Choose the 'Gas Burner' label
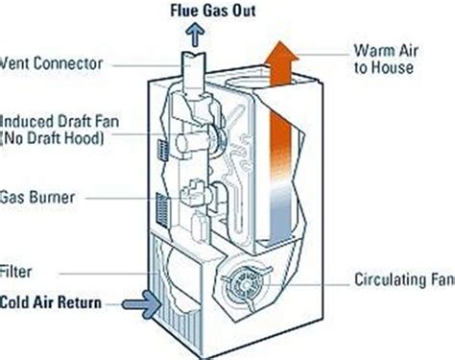[x=36, y=197]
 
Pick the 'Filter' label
[x=18, y=273]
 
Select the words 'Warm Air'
[x=385, y=50]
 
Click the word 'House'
[x=397, y=67]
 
